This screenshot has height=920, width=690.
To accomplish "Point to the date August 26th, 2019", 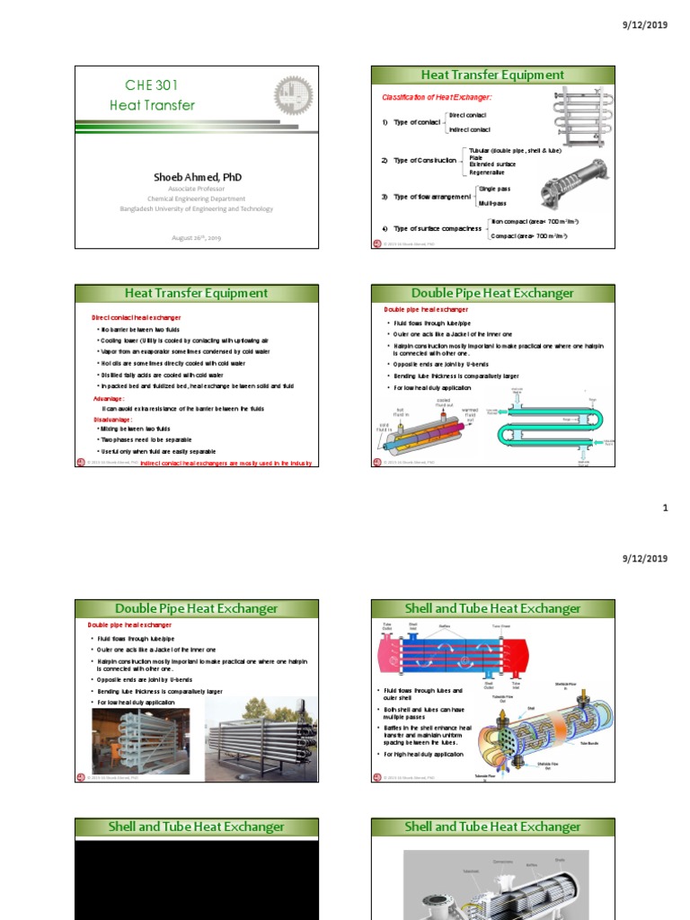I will [196, 238].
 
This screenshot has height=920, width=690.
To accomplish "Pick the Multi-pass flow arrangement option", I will [493, 203].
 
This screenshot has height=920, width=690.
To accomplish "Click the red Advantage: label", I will [110, 398].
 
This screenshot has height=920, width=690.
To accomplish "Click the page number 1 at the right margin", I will [665, 509].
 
